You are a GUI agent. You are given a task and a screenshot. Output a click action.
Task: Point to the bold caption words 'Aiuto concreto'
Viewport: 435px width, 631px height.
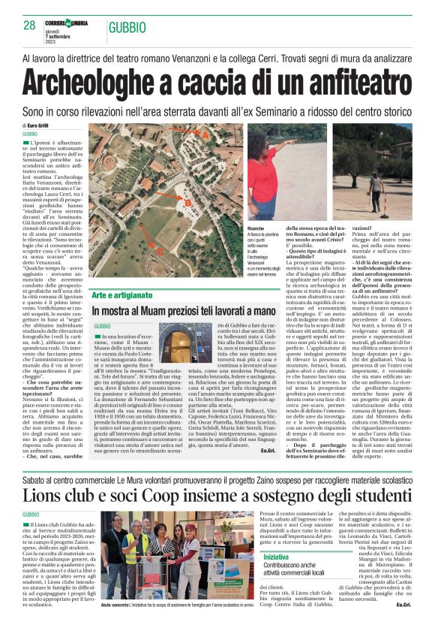[115, 604]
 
